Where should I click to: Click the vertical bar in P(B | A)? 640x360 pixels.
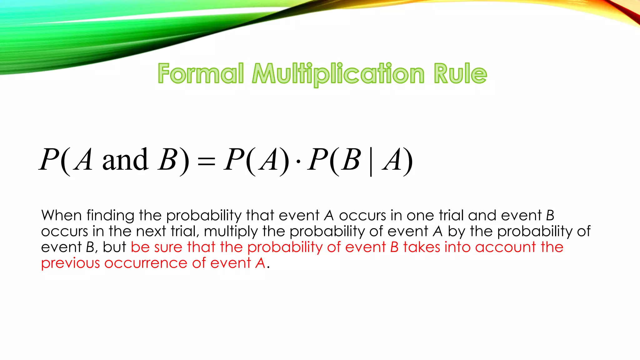[x=371, y=162]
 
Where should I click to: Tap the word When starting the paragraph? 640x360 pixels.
[x=62, y=215]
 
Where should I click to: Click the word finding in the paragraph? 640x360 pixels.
[x=111, y=216]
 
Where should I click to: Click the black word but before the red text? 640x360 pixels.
[x=114, y=247]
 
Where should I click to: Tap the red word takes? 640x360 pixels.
[x=422, y=247]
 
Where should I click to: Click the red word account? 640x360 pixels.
[x=506, y=247]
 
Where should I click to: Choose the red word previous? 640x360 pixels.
[x=70, y=263]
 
